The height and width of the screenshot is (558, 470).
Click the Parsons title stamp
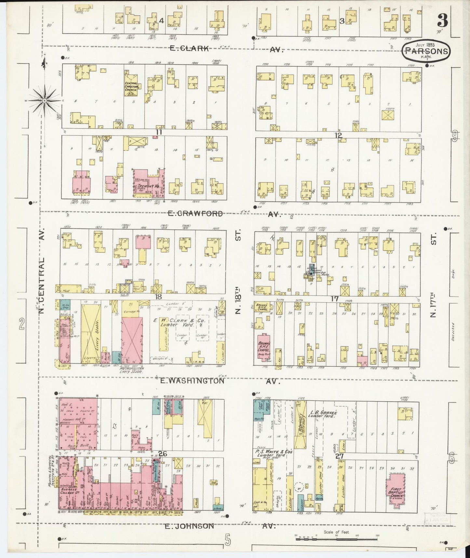[426, 51]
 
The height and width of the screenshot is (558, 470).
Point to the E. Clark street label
[190, 49]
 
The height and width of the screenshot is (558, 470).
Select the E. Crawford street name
[195, 214]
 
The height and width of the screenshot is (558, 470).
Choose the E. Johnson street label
[189, 526]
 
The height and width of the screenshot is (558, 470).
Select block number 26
[163, 454]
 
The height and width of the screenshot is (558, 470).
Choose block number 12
[338, 135]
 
